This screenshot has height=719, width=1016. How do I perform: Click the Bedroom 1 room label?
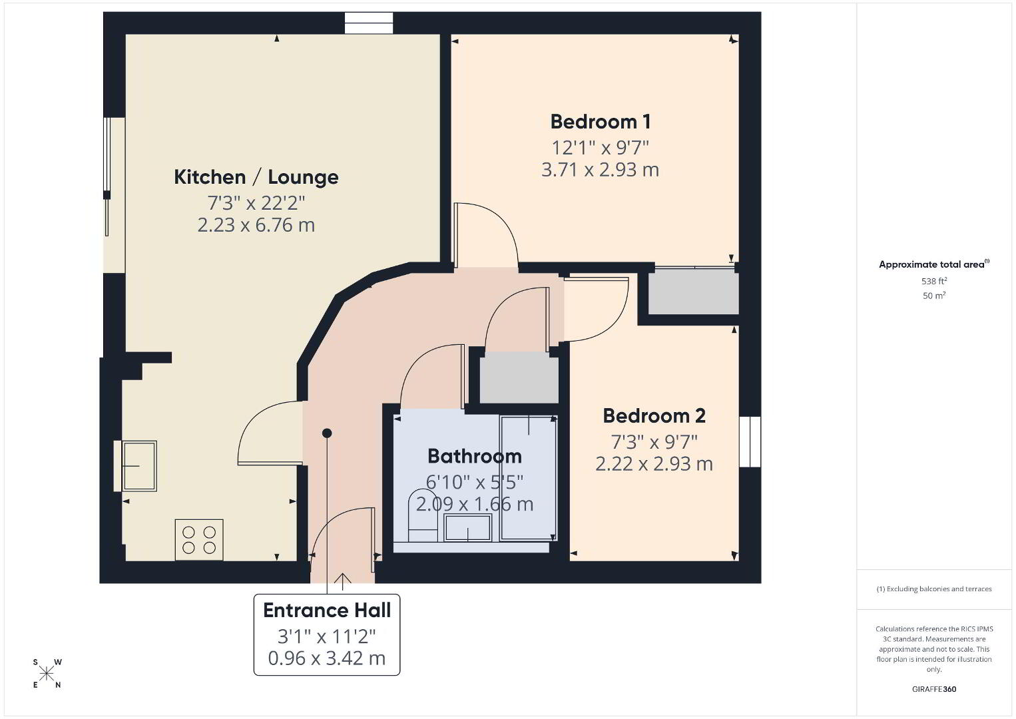601,122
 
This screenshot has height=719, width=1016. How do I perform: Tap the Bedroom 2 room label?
654,415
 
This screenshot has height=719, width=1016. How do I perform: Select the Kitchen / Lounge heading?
256,177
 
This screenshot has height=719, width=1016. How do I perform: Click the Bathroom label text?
475,456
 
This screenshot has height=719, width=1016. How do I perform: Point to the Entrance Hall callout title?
327,610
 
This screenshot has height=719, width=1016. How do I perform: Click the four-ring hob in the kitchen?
199,539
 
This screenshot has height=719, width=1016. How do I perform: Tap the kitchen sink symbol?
139,466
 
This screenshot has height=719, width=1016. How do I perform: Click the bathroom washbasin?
468,527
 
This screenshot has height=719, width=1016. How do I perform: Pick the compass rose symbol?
47,674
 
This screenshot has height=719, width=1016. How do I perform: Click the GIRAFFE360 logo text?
934,689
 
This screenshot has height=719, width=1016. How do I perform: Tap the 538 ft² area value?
934,281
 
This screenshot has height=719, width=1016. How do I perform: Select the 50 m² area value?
934,296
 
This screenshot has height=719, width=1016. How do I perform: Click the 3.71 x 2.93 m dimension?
600,170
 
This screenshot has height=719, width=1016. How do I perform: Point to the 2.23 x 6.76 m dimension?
256,225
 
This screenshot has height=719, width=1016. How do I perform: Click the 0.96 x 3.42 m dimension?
327,658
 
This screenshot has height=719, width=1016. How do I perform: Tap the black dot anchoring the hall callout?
327,433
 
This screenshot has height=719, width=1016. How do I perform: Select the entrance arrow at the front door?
342,582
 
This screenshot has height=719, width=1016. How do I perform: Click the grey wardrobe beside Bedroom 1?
694,292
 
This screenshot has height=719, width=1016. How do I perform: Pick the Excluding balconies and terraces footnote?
934,589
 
